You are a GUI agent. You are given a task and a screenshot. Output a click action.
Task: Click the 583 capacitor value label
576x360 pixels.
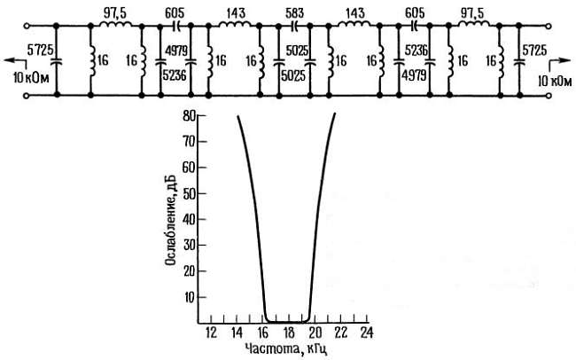coord(294,13)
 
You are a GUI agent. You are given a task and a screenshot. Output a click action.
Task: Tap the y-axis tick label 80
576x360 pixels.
coord(190,116)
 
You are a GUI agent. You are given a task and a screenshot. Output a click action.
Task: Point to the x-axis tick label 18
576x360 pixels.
coord(289,333)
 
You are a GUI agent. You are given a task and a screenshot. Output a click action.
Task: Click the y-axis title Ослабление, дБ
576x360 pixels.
coord(170,220)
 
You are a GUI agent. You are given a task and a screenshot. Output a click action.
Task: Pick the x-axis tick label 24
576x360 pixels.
coord(366,333)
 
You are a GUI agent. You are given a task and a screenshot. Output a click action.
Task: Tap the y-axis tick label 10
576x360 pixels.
coord(190,297)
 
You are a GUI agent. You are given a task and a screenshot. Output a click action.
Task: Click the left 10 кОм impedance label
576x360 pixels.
coord(31,78)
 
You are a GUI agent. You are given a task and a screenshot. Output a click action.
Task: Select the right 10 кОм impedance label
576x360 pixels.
coord(555,81)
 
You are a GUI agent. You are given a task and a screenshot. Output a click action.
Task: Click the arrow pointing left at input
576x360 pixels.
coord(13,60)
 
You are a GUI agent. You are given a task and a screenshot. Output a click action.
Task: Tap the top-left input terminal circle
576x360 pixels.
coord(26,26)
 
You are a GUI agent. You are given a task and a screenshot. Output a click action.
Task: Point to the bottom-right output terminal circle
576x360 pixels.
coord(549,96)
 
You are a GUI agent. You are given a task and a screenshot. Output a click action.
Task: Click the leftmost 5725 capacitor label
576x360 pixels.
coord(41,51)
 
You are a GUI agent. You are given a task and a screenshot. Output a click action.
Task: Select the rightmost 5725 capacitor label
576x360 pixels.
coord(534,51)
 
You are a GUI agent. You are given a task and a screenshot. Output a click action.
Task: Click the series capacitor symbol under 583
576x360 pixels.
coord(294,26)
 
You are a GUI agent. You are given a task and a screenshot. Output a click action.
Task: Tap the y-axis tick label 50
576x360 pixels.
coord(190,193)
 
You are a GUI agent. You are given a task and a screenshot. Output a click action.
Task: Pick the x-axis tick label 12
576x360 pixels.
coord(211,333)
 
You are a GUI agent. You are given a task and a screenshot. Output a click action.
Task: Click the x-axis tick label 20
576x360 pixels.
coord(315,333)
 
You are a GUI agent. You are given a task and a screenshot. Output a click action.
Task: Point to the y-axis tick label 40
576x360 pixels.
coord(190,220)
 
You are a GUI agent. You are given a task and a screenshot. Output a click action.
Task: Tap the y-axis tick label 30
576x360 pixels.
coord(190,246)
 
